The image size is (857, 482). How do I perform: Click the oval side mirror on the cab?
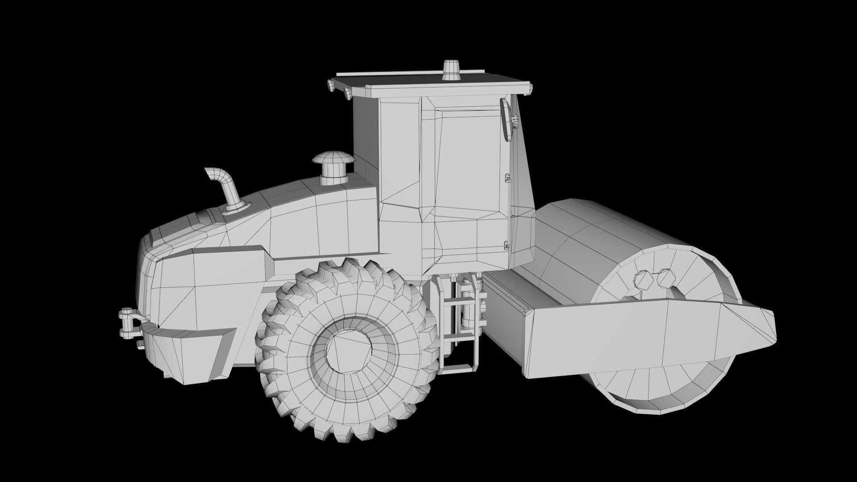(x=506, y=119)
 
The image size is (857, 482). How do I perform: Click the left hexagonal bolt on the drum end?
(x=643, y=280)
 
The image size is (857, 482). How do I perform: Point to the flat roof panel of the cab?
(x=428, y=83)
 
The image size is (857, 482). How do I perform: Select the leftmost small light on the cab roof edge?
(x=331, y=84)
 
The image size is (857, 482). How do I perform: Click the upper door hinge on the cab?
(x=508, y=178)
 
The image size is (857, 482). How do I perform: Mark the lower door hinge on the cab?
(x=506, y=245)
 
